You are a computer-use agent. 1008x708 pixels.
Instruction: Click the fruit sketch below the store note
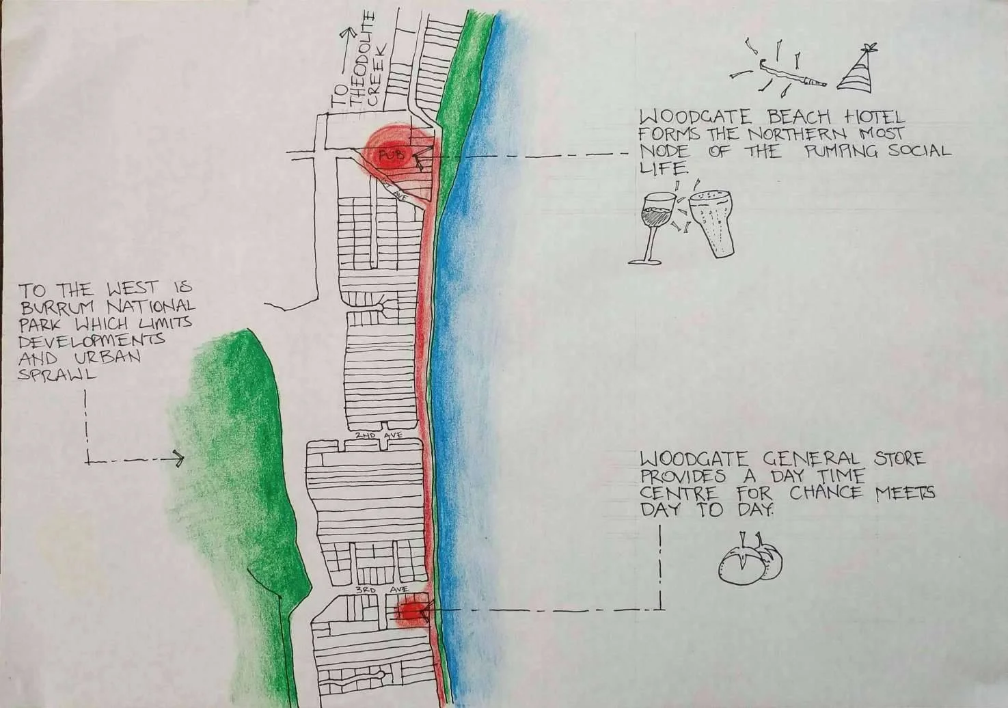coord(750,560)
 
